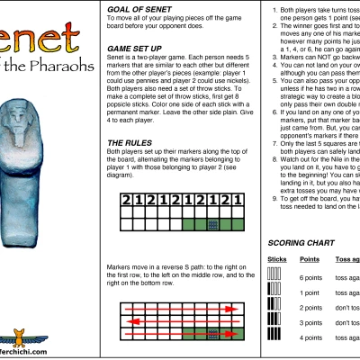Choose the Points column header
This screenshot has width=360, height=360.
click(x=309, y=259)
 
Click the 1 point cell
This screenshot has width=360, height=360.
click(x=310, y=292)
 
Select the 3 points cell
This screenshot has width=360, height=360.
click(x=311, y=321)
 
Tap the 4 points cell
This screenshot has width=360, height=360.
click(x=311, y=337)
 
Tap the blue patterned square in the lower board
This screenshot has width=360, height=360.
click(x=213, y=334)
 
